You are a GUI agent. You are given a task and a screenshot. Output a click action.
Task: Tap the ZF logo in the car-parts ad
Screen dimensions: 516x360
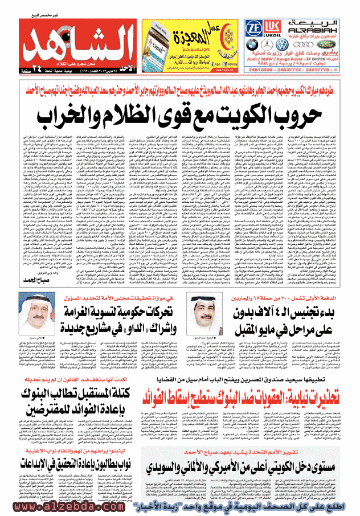pyautogui.click(x=255, y=29)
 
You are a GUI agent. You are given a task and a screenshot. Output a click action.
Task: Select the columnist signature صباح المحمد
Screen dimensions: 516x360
pyautogui.click(x=38, y=296)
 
